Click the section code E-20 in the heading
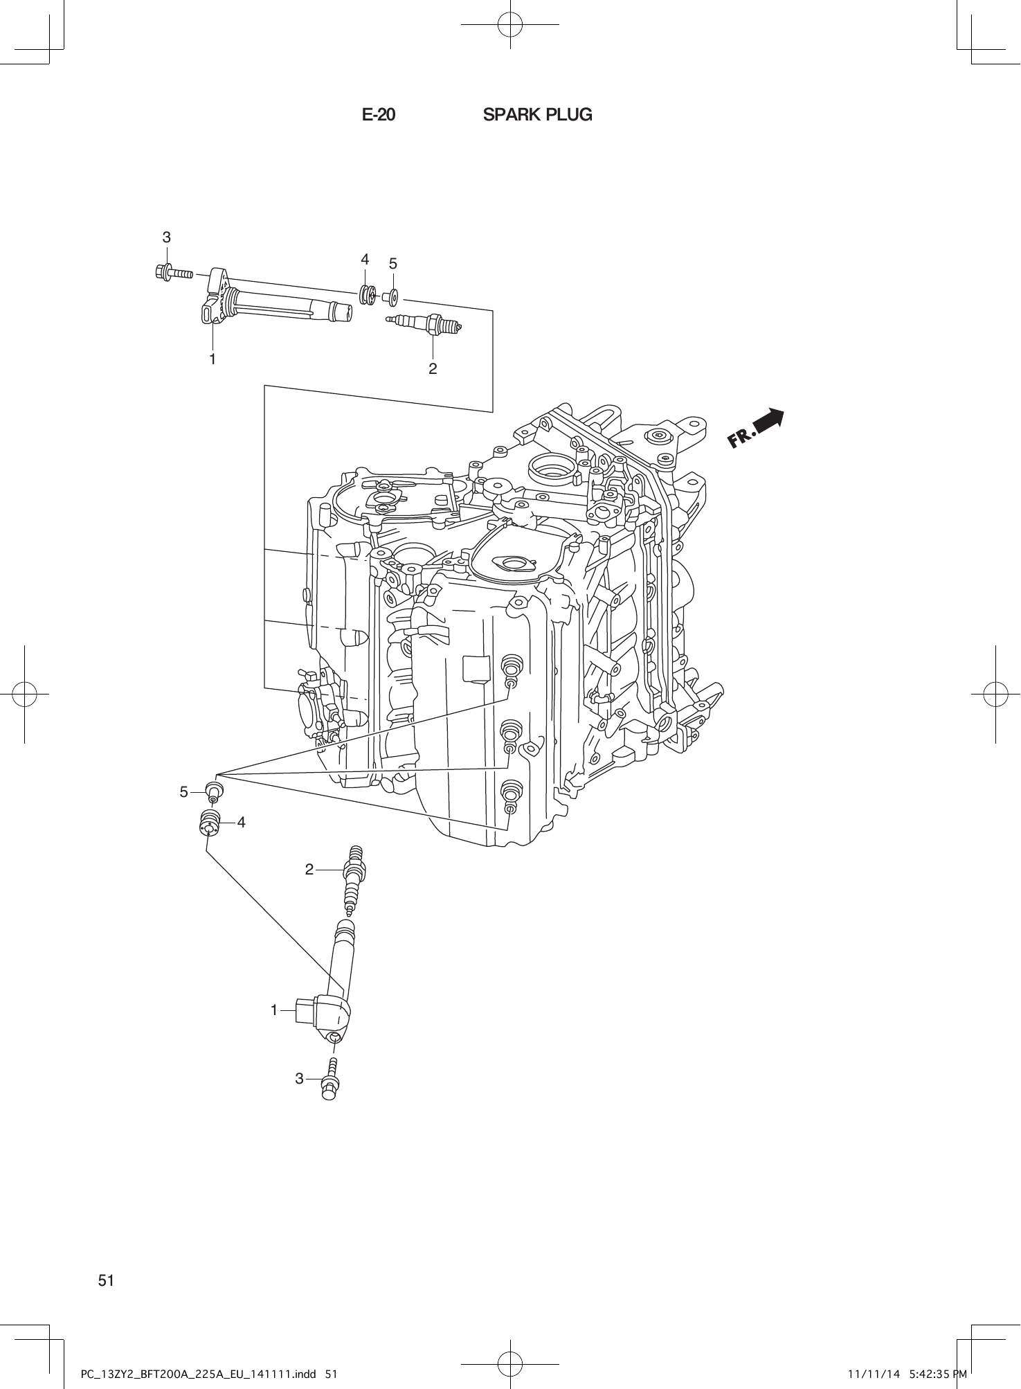[379, 115]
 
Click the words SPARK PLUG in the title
[537, 115]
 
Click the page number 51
[106, 1280]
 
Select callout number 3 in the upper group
[166, 238]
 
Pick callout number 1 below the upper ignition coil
[213, 359]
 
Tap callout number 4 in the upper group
[365, 260]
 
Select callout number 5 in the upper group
[392, 264]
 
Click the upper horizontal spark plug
[424, 322]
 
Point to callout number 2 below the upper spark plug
[433, 368]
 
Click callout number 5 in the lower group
[184, 791]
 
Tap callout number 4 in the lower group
[241, 822]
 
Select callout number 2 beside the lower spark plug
[309, 868]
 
